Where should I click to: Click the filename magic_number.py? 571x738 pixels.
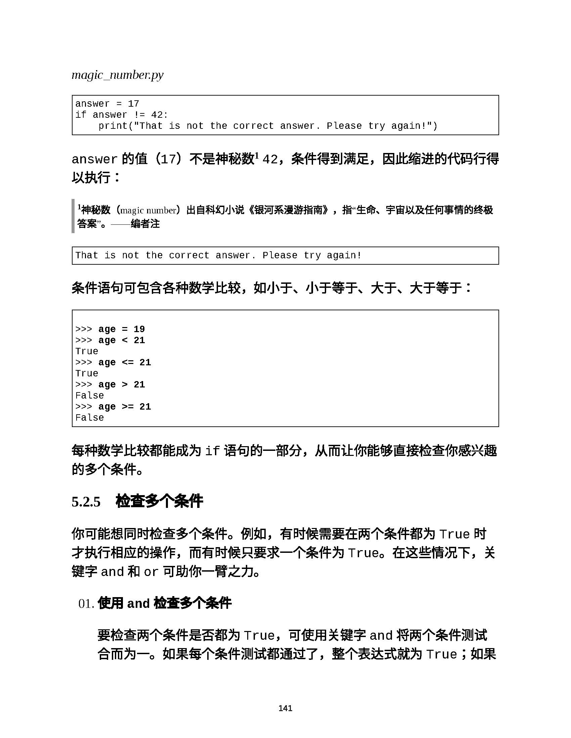click(x=117, y=75)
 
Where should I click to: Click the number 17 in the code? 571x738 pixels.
click(x=133, y=104)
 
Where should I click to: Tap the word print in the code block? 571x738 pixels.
click(x=113, y=126)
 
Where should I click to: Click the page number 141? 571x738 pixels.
click(x=285, y=708)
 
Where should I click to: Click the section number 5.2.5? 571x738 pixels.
click(x=86, y=502)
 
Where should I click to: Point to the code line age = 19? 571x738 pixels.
click(x=122, y=329)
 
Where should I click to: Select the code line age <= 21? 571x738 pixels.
click(x=125, y=362)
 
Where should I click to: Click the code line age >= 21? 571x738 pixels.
click(x=125, y=407)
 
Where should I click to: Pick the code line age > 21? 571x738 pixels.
click(x=122, y=384)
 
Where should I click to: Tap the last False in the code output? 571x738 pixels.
click(x=89, y=418)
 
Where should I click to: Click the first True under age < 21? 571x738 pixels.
click(x=87, y=352)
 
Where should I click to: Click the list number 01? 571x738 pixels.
click(x=86, y=603)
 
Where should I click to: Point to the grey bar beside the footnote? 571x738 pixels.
click(x=73, y=216)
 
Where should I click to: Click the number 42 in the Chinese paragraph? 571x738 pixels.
click(x=270, y=159)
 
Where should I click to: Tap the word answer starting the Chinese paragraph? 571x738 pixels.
click(x=94, y=159)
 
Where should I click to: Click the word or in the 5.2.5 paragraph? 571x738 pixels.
click(x=151, y=572)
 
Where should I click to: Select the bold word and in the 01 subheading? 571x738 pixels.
click(x=138, y=603)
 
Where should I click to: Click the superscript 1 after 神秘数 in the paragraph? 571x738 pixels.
click(x=257, y=156)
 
